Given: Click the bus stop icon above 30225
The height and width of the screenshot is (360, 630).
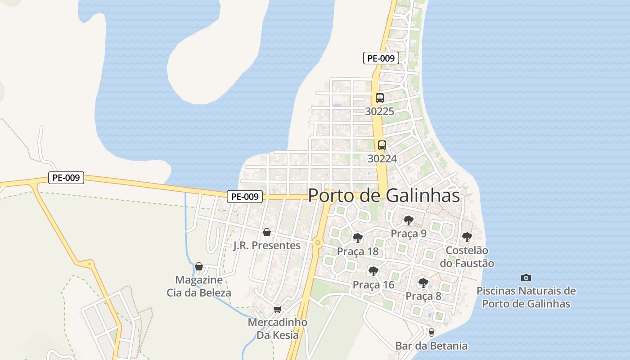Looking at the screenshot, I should pos(379,98).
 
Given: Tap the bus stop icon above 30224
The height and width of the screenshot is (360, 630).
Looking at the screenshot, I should pos(382,145).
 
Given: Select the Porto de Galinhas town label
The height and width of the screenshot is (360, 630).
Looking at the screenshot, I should pos(384,196).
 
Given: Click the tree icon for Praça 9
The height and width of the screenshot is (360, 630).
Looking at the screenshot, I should pos(408,220).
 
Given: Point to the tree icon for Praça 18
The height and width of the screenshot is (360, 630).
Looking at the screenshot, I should pos(358,238).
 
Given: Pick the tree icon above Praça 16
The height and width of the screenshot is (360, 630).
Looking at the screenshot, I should pos(373,271).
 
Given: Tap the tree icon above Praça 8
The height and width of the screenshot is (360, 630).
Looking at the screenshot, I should pos(423,283).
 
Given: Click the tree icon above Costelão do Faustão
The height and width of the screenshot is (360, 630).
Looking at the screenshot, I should pos(467,237).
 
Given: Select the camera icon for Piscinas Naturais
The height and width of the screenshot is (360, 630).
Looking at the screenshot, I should pos(526,278).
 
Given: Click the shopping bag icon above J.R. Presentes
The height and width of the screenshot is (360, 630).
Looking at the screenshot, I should pos(267,232).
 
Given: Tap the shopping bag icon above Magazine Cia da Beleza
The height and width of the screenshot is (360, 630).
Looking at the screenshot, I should pos(199,266).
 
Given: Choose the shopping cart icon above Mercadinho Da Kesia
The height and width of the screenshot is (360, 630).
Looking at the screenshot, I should pos(277,310).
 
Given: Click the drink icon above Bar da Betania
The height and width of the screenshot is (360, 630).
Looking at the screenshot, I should pos(431,333).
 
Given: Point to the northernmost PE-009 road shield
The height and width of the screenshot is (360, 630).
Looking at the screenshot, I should pos(381,58).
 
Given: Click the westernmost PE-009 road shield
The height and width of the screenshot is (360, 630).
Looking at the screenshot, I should pos(66,178).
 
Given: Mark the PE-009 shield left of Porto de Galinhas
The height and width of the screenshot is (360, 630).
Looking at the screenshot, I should pos(244,197).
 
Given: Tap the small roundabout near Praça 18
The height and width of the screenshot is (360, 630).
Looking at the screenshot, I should pos(318,243).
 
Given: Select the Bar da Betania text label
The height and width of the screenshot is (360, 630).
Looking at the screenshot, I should pos(431,346).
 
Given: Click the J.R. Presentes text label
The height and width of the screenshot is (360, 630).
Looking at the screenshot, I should pos(267,246).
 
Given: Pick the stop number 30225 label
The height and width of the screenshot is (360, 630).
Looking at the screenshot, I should pos(379,111).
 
